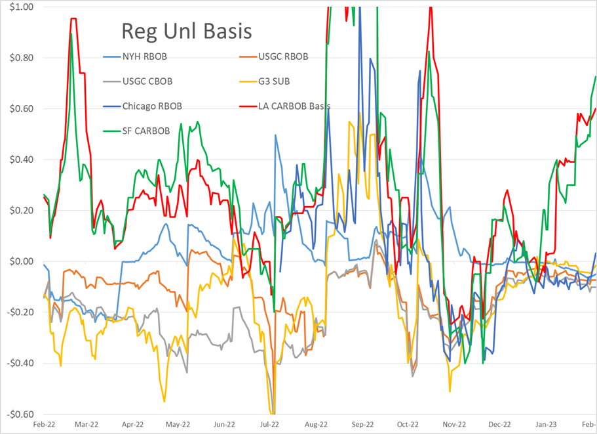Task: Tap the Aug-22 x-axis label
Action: click(x=316, y=425)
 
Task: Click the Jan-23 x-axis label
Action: click(x=545, y=425)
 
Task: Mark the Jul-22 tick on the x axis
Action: click(x=270, y=425)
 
